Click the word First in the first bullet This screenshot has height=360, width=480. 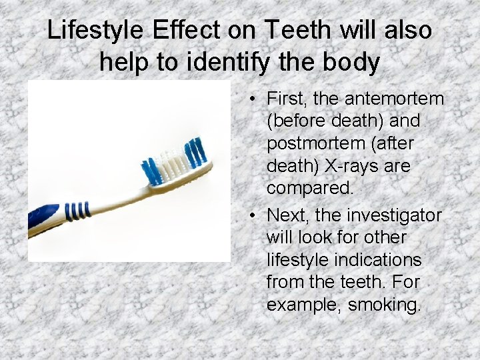click(x=285, y=99)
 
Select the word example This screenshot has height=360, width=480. click(x=305, y=305)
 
